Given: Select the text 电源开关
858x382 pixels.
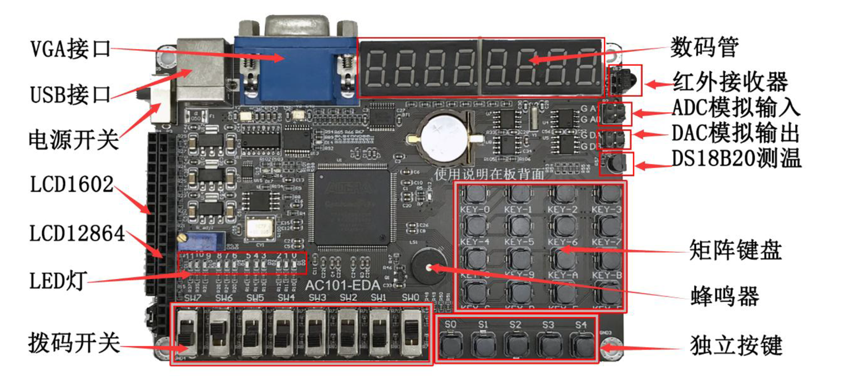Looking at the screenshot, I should pyautogui.click(x=74, y=139).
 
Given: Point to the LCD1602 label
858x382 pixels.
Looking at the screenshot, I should pyautogui.click(x=71, y=184).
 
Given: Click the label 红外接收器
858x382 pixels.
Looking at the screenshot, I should pyautogui.click(x=730, y=82).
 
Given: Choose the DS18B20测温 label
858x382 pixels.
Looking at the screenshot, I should pyautogui.click(x=736, y=158).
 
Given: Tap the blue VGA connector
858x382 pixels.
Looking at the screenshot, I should pyautogui.click(x=295, y=70).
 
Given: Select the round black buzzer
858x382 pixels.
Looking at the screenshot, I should pyautogui.click(x=428, y=266).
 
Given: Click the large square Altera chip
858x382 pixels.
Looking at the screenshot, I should pyautogui.click(x=352, y=205).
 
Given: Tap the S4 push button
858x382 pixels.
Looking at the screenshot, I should pyautogui.click(x=582, y=345).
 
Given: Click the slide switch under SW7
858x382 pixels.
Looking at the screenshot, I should pyautogui.click(x=188, y=332).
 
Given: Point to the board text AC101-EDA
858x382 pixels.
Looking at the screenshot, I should pyautogui.click(x=342, y=285).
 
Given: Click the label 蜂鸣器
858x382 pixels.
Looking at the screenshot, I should pyautogui.click(x=724, y=296).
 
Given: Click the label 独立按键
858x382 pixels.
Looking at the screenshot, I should pyautogui.click(x=736, y=345).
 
